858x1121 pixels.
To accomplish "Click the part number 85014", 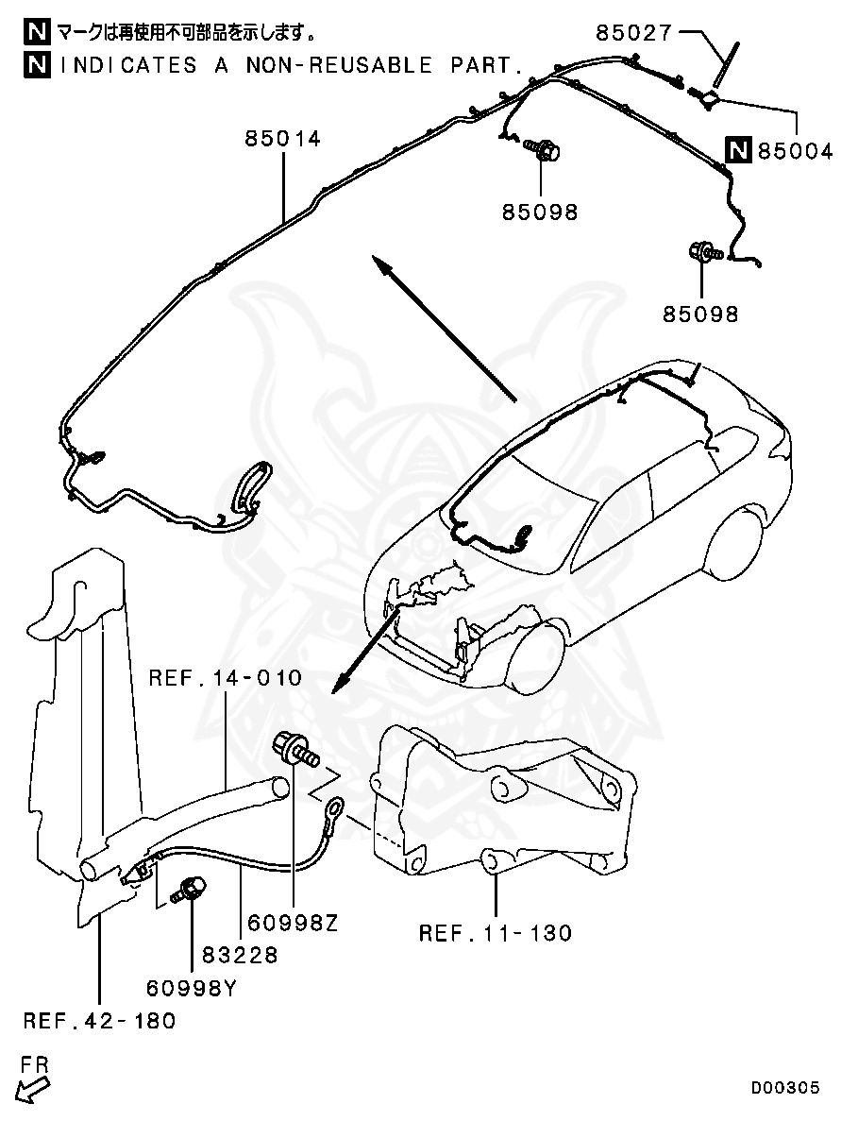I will [283, 139].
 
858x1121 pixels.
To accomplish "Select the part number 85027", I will [633, 33].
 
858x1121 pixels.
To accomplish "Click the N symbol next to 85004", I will [737, 150].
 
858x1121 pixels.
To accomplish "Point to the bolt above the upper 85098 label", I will [541, 149].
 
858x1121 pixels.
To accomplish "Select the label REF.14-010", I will [226, 678].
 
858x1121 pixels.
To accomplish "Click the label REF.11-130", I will [495, 933].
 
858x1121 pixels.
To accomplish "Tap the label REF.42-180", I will [99, 1021].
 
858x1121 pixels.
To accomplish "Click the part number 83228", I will [240, 955].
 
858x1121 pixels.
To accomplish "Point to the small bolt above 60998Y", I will [187, 888].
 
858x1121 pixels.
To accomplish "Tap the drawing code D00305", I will [785, 1088].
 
